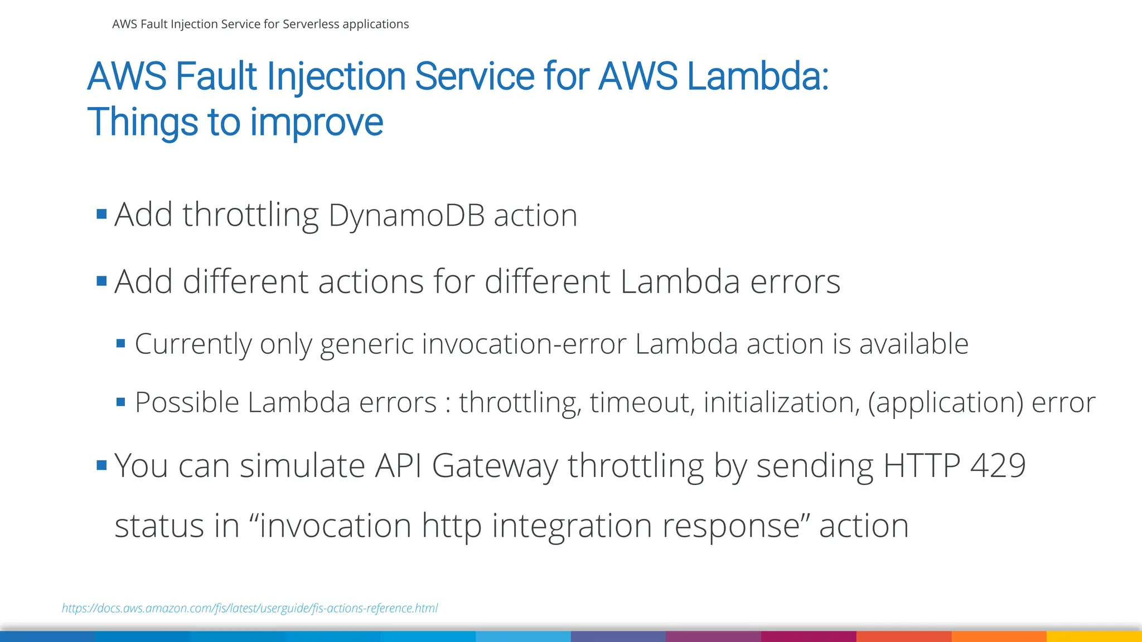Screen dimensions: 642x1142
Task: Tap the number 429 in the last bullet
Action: coord(998,465)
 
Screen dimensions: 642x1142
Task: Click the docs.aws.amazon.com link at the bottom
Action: coord(249,608)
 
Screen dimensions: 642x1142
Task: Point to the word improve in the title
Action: coord(316,122)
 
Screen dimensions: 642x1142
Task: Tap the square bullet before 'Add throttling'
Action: coord(101,214)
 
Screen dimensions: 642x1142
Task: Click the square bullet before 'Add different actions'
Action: coord(101,280)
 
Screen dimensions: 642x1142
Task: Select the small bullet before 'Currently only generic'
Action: coord(121,343)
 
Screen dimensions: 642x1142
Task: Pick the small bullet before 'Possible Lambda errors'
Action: coord(121,402)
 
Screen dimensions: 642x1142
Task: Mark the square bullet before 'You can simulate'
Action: coord(101,465)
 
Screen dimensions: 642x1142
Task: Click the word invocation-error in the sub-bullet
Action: coord(524,344)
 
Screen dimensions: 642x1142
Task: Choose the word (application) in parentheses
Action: coord(945,402)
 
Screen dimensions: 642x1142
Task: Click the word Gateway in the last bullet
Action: coord(495,465)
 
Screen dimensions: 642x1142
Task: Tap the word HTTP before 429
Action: coord(922,465)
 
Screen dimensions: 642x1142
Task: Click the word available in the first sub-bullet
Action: coord(913,344)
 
